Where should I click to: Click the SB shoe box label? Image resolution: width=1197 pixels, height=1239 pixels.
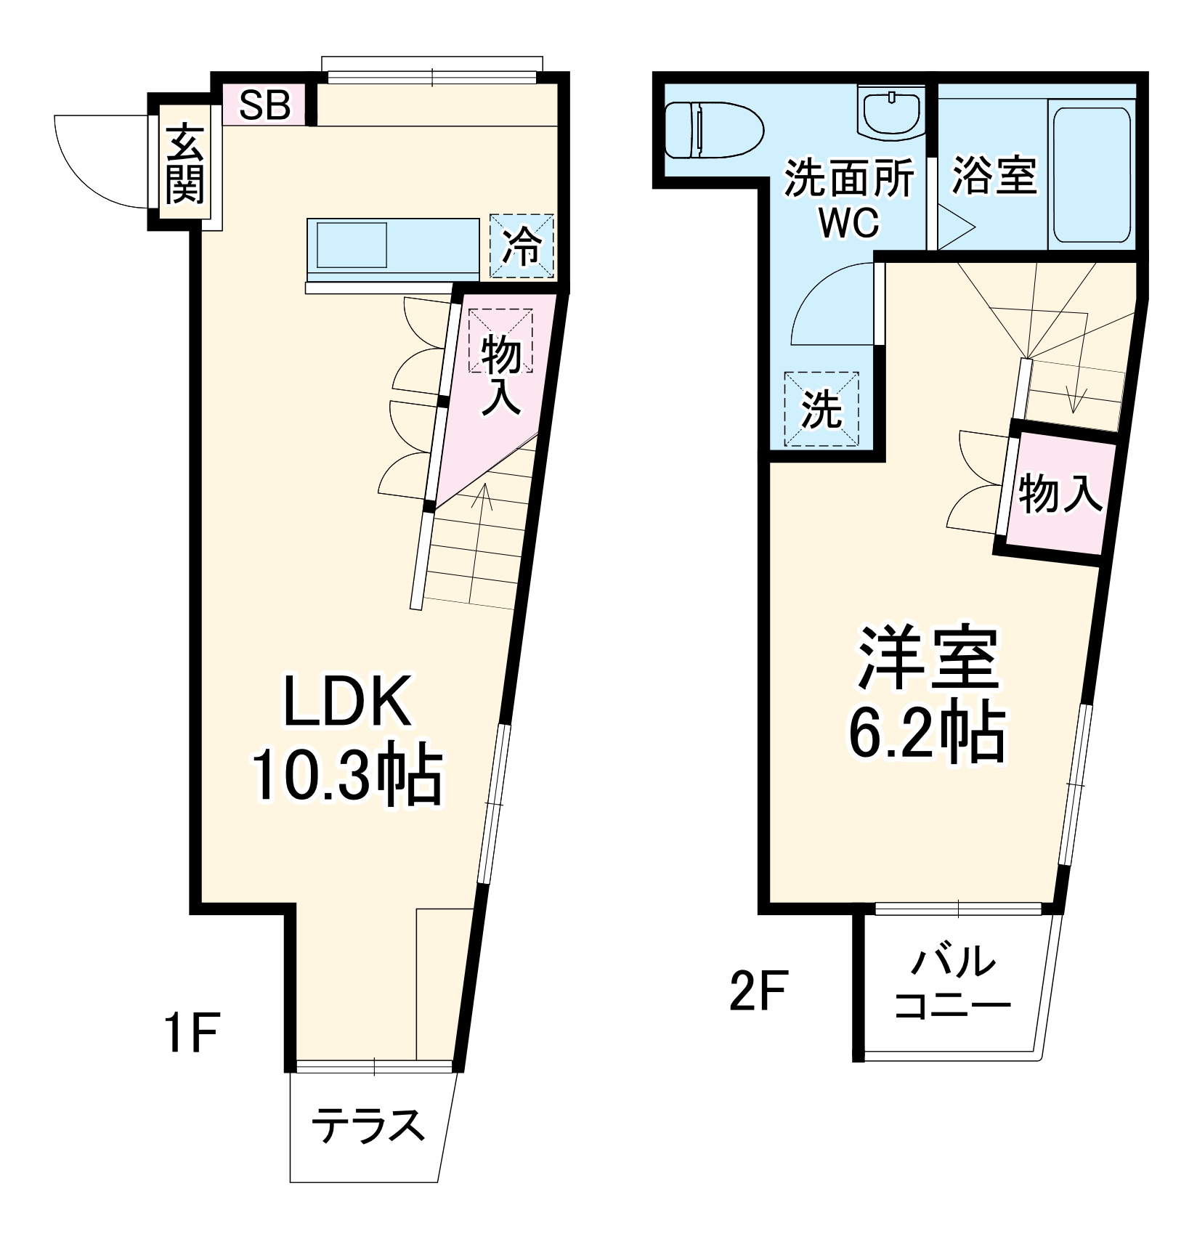(x=265, y=106)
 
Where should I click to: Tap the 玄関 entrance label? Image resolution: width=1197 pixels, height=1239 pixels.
(x=185, y=165)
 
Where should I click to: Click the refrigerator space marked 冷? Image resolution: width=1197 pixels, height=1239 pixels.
(x=522, y=246)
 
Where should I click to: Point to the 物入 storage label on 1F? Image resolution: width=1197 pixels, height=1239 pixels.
(x=501, y=374)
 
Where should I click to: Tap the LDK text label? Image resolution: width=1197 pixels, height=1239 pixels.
(x=347, y=702)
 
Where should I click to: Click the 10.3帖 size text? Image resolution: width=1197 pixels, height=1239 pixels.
(x=347, y=774)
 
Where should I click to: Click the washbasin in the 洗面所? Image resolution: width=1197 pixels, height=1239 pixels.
(x=890, y=113)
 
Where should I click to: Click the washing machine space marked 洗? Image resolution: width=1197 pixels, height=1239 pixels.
(x=821, y=410)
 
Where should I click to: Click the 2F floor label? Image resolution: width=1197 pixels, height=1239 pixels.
(x=758, y=991)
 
